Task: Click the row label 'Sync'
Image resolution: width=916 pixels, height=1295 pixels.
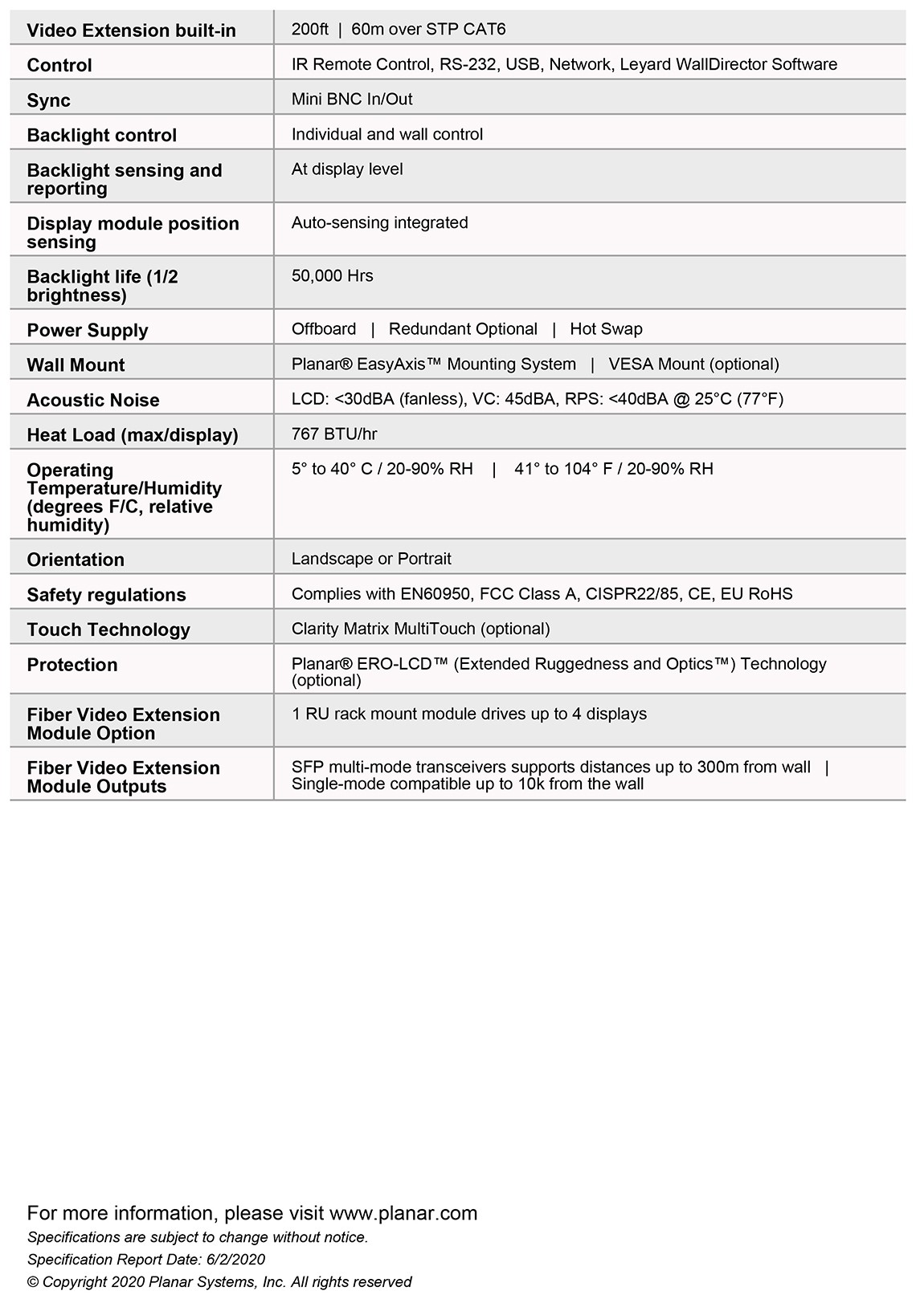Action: [48, 100]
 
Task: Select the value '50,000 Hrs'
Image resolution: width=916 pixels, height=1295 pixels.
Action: [332, 275]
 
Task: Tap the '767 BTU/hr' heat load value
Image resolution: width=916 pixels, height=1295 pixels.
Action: [333, 434]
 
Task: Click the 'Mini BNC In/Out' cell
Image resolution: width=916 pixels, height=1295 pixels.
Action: [351, 100]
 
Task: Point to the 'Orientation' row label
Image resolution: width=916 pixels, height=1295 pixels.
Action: [76, 560]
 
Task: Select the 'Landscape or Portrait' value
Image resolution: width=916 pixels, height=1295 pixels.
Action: [371, 559]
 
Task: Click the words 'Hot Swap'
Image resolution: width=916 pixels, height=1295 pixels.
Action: [606, 329]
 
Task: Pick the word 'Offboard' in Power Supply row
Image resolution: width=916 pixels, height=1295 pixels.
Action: [324, 329]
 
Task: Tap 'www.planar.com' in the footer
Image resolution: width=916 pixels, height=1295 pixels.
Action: [403, 1212]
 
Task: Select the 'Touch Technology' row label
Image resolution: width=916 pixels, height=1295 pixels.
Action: [108, 629]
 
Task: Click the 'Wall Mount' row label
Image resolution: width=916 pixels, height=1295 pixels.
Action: [76, 365]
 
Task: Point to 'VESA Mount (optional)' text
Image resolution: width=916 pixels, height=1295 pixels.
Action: [693, 364]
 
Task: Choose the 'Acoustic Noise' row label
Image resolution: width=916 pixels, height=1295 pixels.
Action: [93, 400]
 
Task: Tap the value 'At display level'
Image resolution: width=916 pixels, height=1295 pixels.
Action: [347, 169]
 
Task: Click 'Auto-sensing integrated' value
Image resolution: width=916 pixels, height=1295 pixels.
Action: [379, 222]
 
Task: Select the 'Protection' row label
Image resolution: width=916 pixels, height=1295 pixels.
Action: [72, 665]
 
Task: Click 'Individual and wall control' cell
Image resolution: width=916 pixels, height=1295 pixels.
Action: [386, 134]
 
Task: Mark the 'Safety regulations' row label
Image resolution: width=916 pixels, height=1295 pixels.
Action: [106, 595]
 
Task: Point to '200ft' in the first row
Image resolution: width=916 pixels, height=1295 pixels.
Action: [310, 30]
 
